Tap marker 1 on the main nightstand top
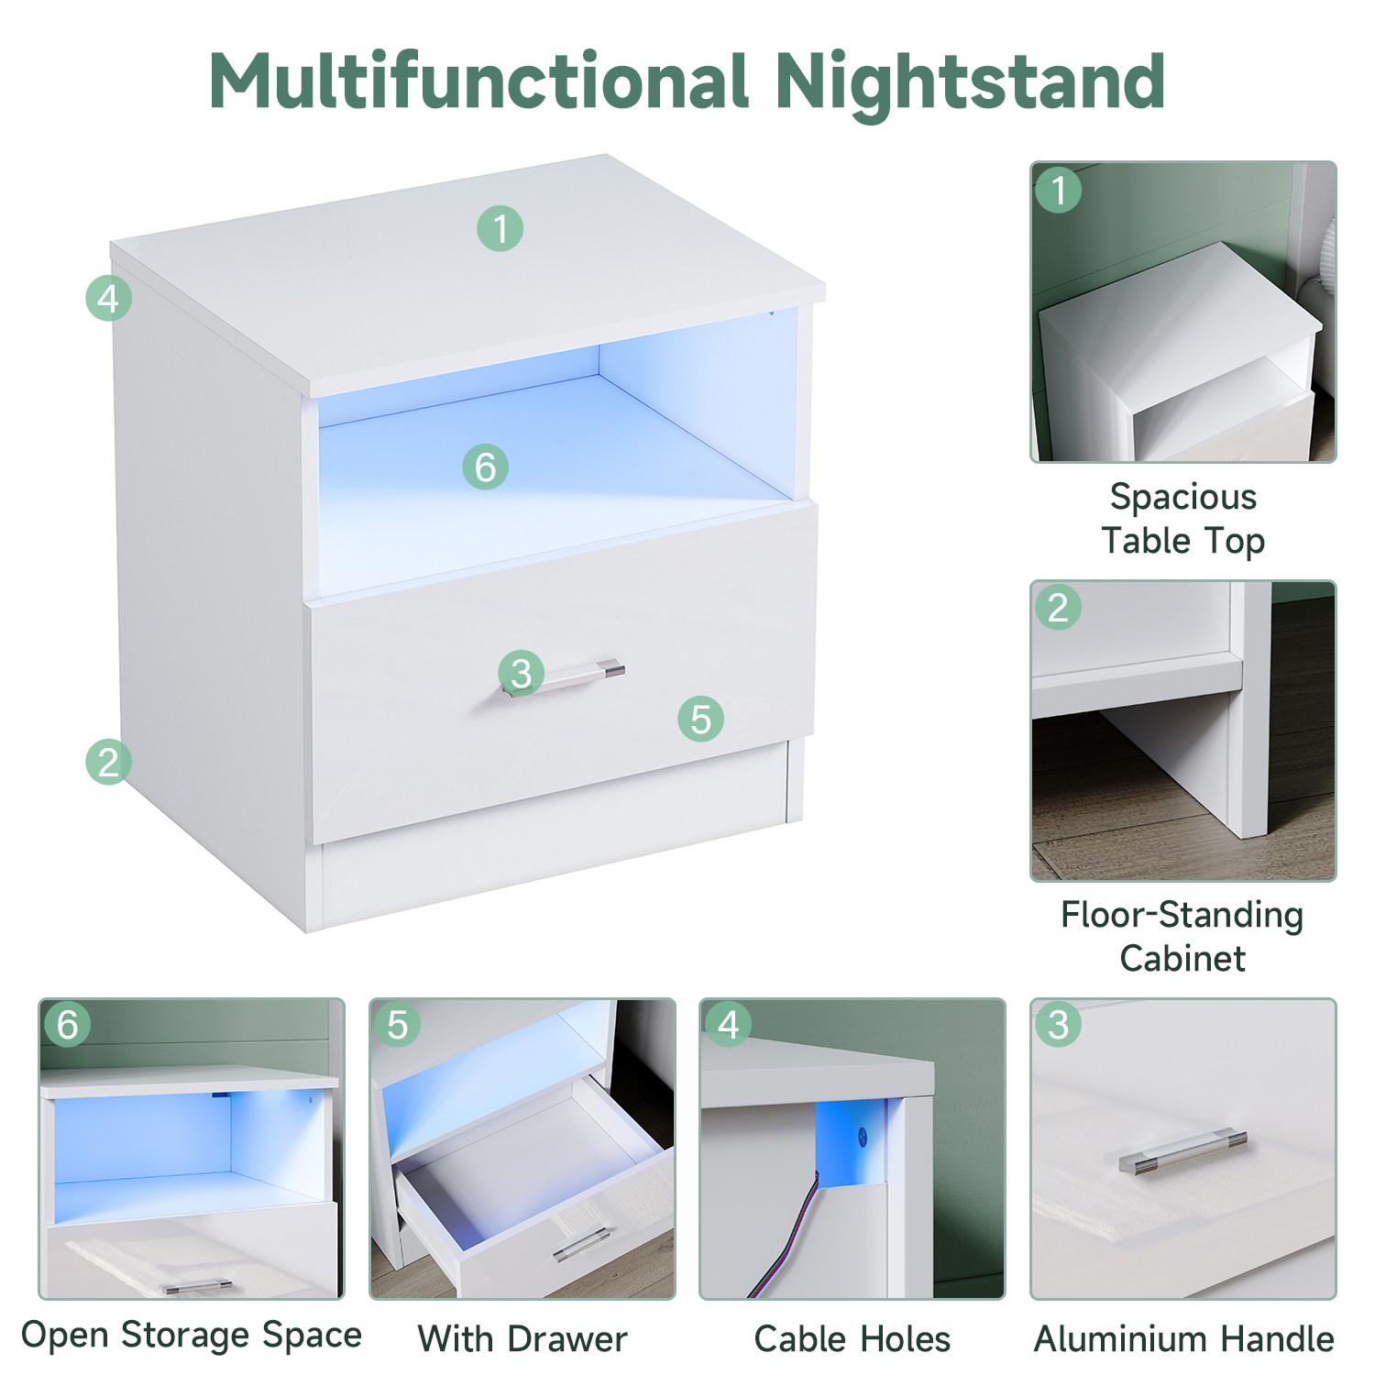tap(500, 228)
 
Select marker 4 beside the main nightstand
tap(108, 298)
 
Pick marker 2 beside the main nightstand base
tap(108, 762)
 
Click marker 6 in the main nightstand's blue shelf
tap(486, 467)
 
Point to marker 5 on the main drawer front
tap(701, 719)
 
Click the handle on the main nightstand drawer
tap(564, 678)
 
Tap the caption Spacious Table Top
tap(1182, 519)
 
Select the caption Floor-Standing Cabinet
tap(1182, 936)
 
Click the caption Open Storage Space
tap(192, 1336)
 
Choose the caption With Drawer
tap(522, 1339)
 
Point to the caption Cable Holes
tap(852, 1339)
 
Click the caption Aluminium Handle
tap(1183, 1339)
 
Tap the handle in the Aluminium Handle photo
tap(1183, 1153)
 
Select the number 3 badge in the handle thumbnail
tap(1059, 1025)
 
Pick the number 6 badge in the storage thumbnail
tap(67, 1025)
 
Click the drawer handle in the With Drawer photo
tap(582, 1244)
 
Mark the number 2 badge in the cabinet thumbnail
tap(1059, 607)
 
